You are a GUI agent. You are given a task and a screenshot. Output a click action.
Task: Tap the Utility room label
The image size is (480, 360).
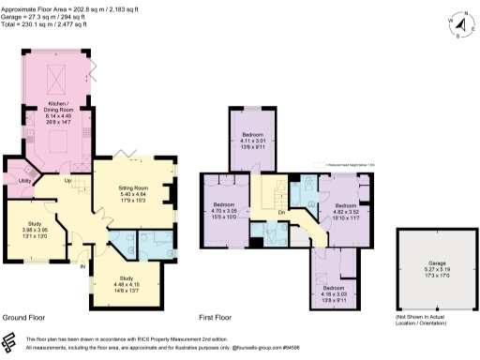tap(25, 180)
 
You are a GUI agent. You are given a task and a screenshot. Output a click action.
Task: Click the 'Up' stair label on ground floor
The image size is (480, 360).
tap(67, 180)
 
